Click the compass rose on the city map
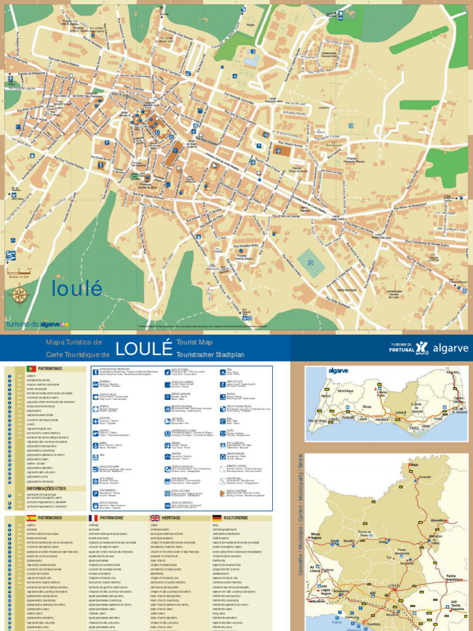tap(19, 295)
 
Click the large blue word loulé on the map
tap(77, 288)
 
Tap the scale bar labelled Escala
tap(19, 272)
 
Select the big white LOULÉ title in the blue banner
tap(144, 348)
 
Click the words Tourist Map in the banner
tap(194, 341)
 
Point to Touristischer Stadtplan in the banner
tap(210, 355)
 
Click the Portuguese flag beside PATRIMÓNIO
tap(31, 368)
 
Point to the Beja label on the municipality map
tap(414, 465)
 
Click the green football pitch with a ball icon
tap(311, 263)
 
